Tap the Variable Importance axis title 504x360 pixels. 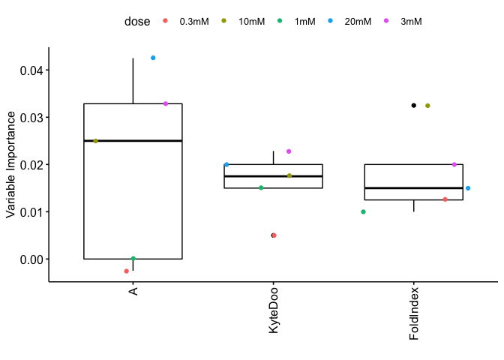(11, 164)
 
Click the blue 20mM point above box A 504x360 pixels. (153, 58)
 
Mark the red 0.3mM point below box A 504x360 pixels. (126, 271)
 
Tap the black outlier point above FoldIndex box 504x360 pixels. (413, 106)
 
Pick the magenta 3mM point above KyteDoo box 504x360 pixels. (289, 151)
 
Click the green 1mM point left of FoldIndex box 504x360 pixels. (363, 212)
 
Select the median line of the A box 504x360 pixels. (133, 141)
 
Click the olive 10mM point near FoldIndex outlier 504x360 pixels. (427, 106)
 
